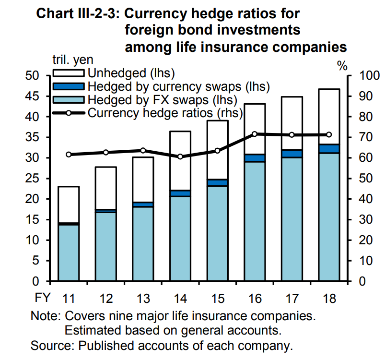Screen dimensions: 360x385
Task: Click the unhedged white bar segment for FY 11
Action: (x=68, y=204)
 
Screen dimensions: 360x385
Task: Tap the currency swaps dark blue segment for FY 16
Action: (x=254, y=158)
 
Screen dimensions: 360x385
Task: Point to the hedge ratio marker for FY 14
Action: (x=180, y=156)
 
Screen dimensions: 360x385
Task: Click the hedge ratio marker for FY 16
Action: (x=255, y=134)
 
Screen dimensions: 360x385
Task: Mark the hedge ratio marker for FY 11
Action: (x=69, y=155)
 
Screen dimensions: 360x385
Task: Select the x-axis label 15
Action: (x=217, y=299)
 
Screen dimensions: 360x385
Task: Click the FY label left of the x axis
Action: (x=41, y=299)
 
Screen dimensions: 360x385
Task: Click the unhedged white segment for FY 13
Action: (x=142, y=180)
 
